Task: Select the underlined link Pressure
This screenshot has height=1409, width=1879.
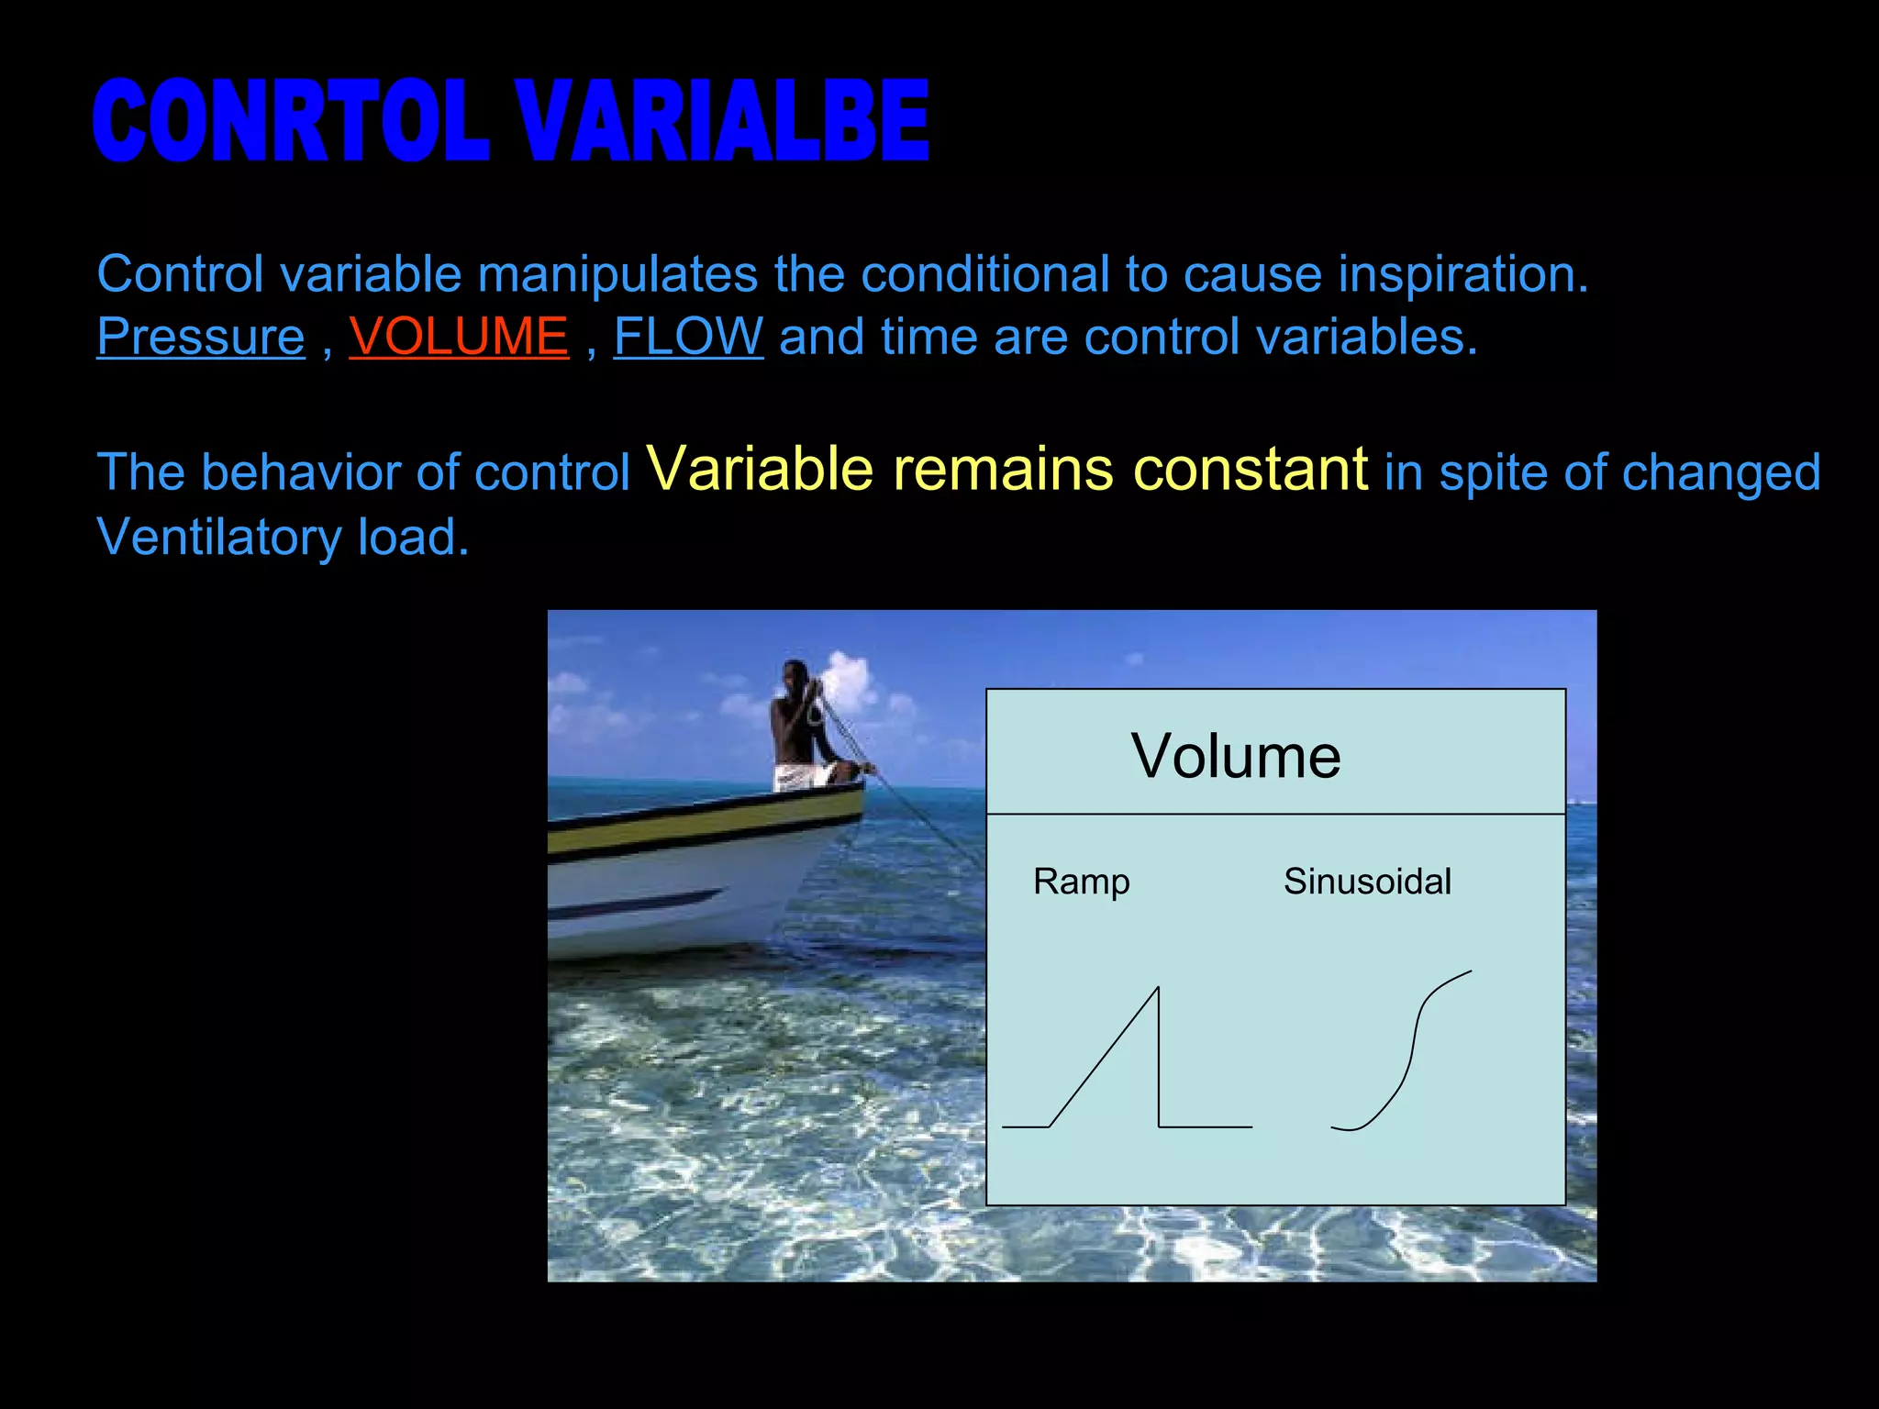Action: point(200,337)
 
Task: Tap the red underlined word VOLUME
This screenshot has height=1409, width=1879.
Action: point(459,337)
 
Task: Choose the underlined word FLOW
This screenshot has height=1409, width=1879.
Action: point(688,337)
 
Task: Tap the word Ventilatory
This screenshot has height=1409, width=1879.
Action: point(218,538)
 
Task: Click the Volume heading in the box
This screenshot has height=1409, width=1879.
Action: point(1236,757)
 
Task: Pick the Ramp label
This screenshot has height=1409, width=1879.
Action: point(1081,882)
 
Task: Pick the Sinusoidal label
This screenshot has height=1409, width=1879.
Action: point(1367,882)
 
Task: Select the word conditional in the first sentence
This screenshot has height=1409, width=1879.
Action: point(984,274)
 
